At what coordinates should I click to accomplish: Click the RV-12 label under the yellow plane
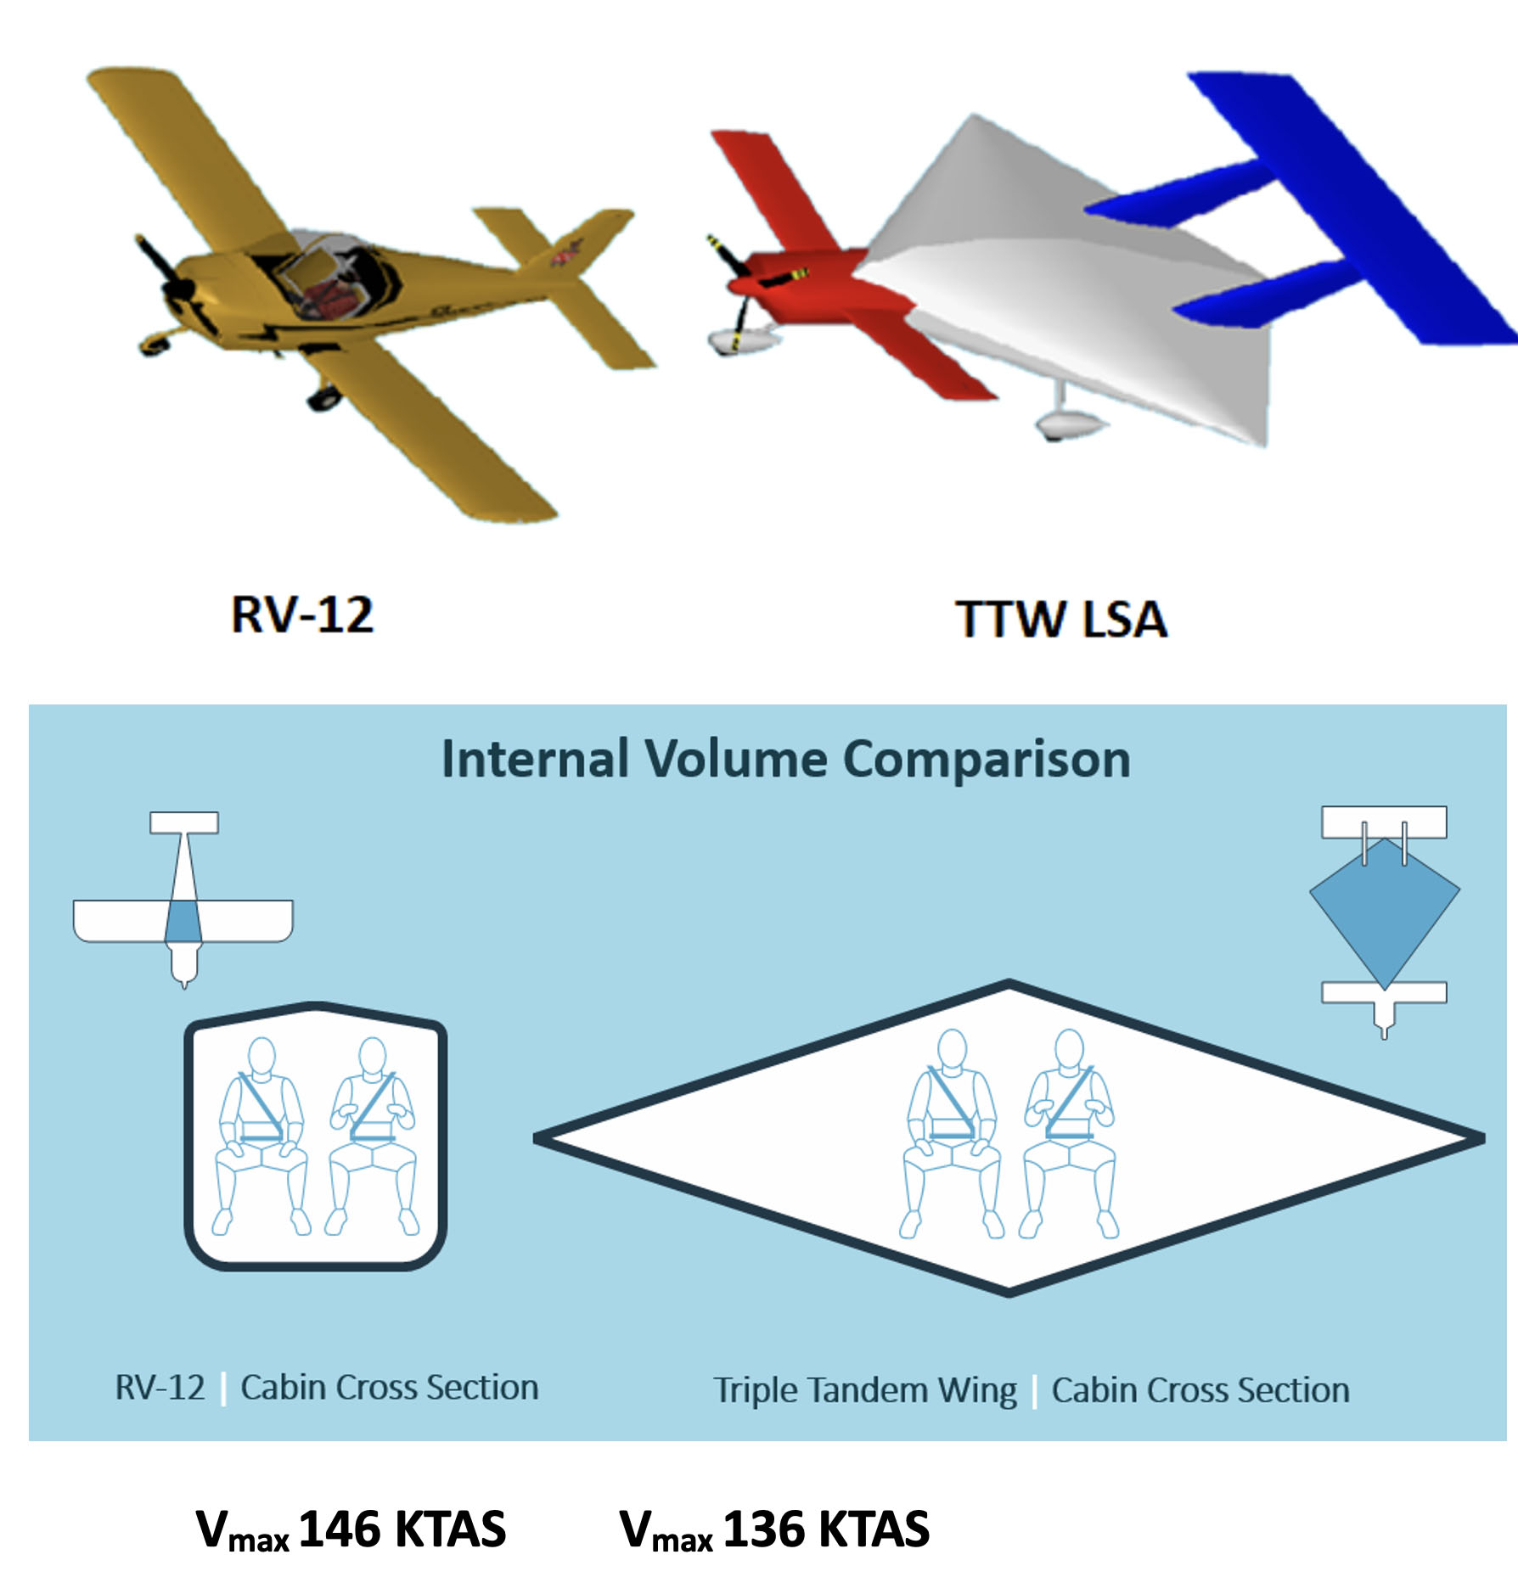pos(302,615)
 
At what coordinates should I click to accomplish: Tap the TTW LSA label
pos(1061,619)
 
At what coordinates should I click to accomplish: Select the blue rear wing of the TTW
pos(1324,212)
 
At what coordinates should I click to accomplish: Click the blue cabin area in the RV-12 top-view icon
pos(183,922)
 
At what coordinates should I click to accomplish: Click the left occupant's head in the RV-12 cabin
pos(262,1055)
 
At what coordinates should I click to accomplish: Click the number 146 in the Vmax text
pos(340,1529)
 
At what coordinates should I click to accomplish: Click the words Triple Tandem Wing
pos(865,1390)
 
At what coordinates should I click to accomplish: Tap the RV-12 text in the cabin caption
pos(160,1387)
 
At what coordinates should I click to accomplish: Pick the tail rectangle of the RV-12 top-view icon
pos(184,822)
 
